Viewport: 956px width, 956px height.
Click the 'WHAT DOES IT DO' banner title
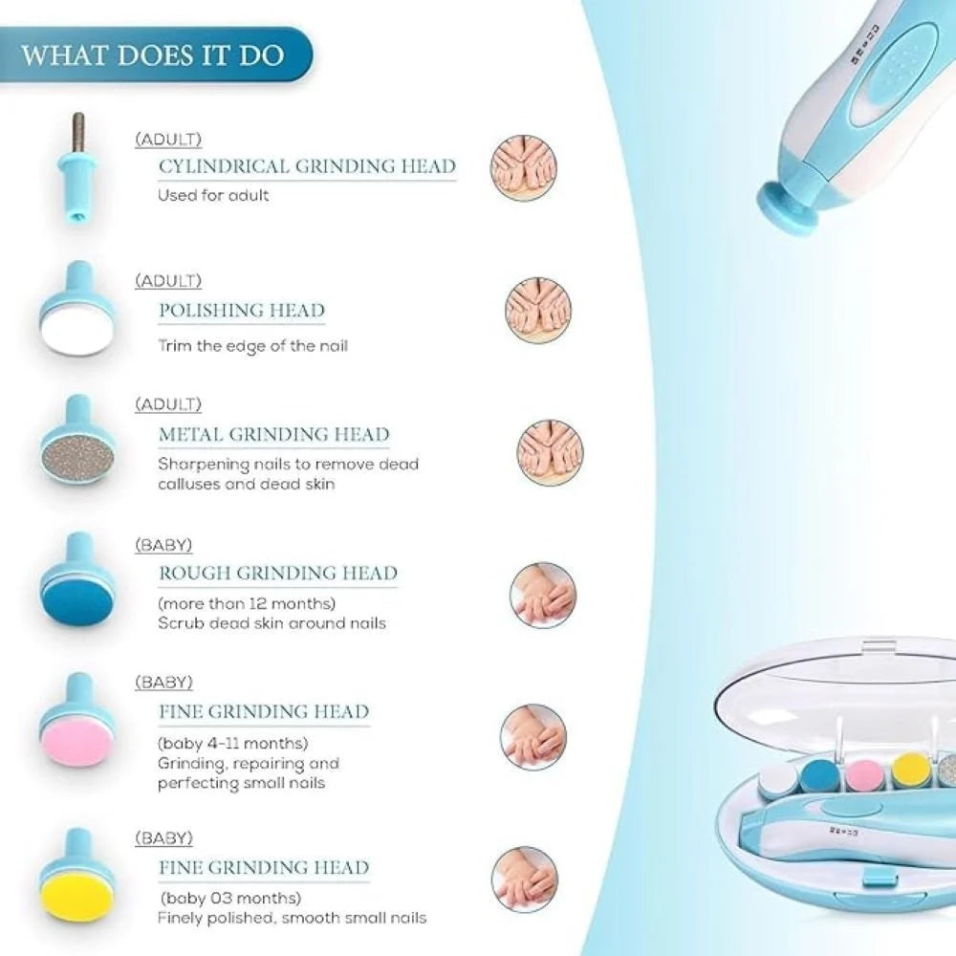click(x=152, y=54)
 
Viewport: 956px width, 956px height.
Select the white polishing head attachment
click(x=76, y=309)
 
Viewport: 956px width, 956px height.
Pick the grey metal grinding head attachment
click(x=77, y=442)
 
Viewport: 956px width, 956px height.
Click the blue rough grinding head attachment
click(x=76, y=580)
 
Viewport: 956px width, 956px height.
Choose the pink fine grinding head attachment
click(x=76, y=720)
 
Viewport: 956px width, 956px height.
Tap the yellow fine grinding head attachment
click(x=76, y=875)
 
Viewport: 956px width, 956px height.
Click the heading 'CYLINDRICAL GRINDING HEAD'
click(x=307, y=166)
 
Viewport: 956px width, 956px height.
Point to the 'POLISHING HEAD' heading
click(x=242, y=311)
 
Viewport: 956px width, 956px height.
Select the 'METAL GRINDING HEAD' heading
click(x=273, y=434)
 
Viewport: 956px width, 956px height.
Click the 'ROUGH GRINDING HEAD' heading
click(x=278, y=573)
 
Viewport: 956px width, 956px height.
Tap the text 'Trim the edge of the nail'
click(x=252, y=346)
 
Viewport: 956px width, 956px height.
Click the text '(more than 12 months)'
click(x=247, y=603)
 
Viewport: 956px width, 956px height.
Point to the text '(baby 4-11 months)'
click(x=233, y=743)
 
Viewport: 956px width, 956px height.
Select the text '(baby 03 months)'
click(x=231, y=898)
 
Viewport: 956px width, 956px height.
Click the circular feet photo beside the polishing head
click(x=537, y=311)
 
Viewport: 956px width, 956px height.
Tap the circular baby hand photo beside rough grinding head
click(x=543, y=595)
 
